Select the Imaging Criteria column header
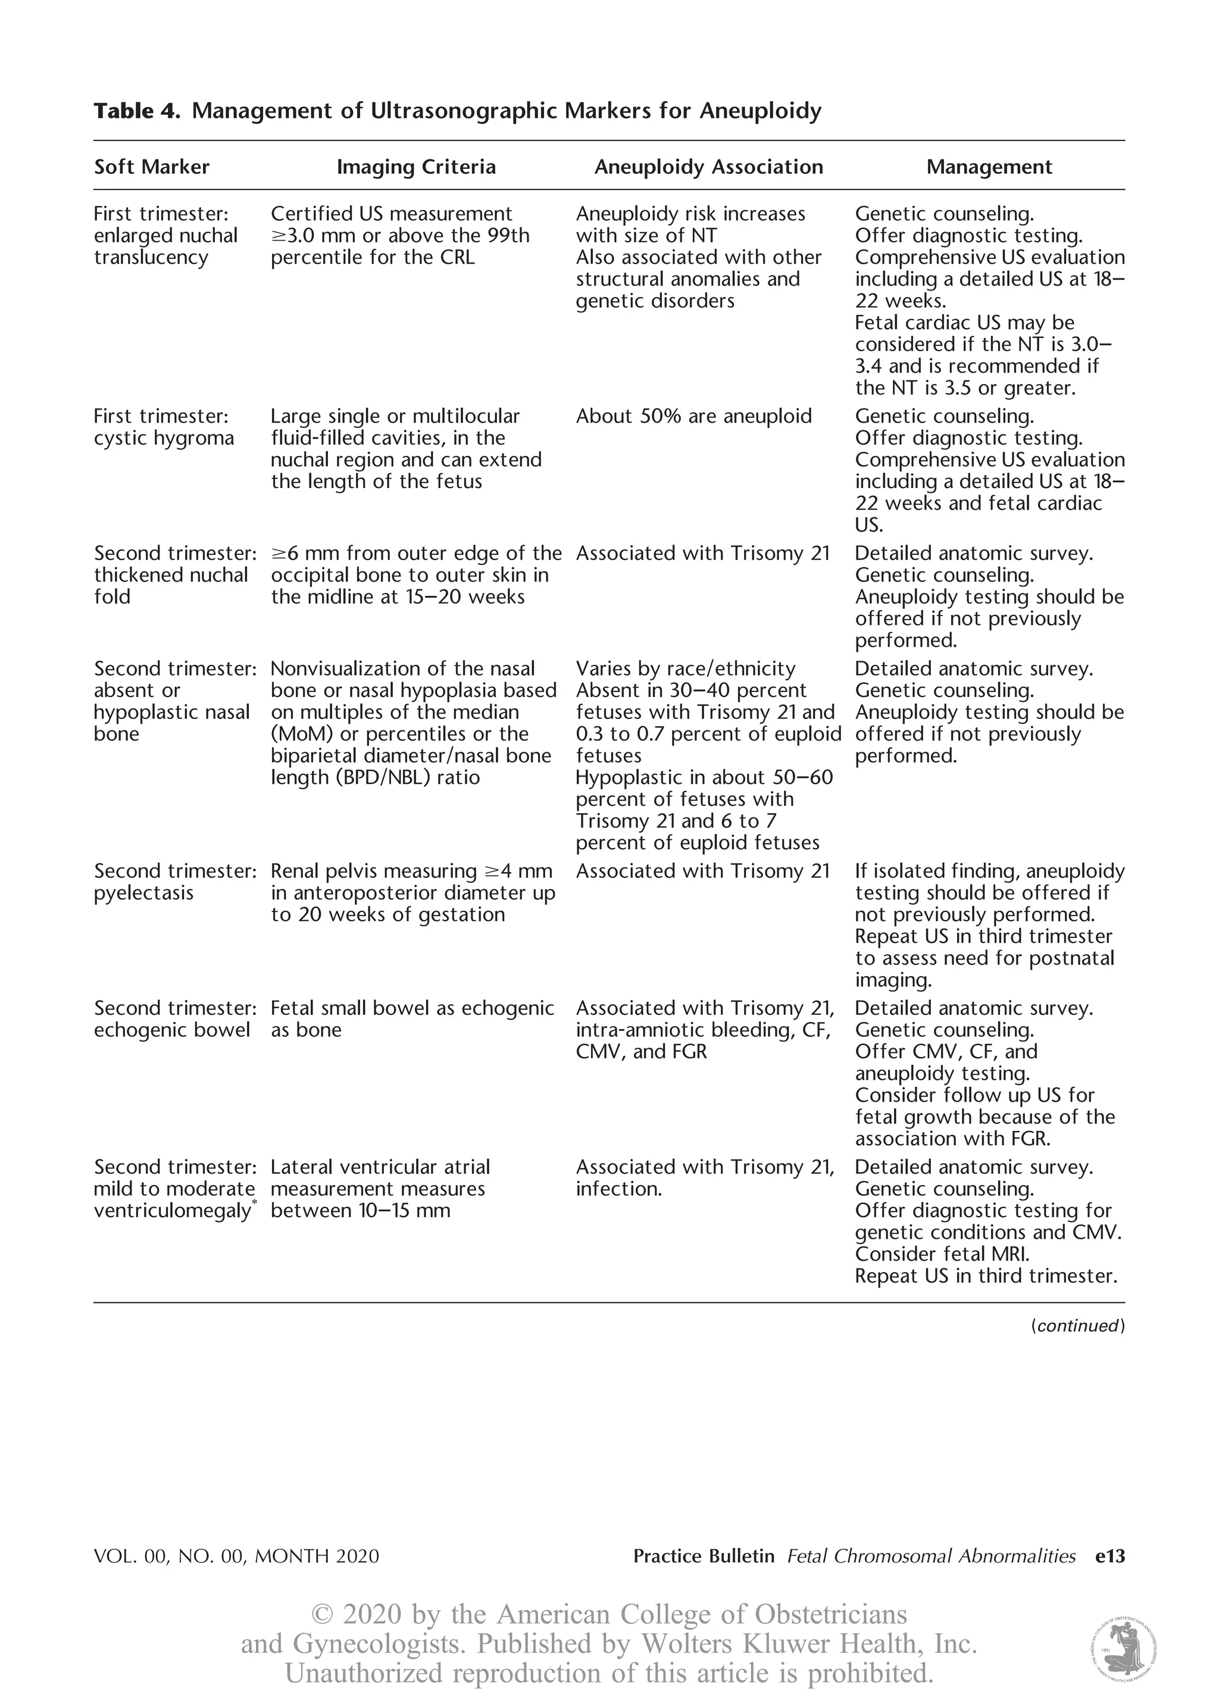(x=416, y=167)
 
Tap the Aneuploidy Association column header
(x=708, y=167)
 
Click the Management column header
(x=989, y=167)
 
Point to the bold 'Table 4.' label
(x=136, y=111)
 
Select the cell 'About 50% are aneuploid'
(x=693, y=416)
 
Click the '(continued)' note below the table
(x=1077, y=1326)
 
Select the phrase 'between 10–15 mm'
(x=360, y=1211)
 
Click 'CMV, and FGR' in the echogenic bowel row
(x=641, y=1052)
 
